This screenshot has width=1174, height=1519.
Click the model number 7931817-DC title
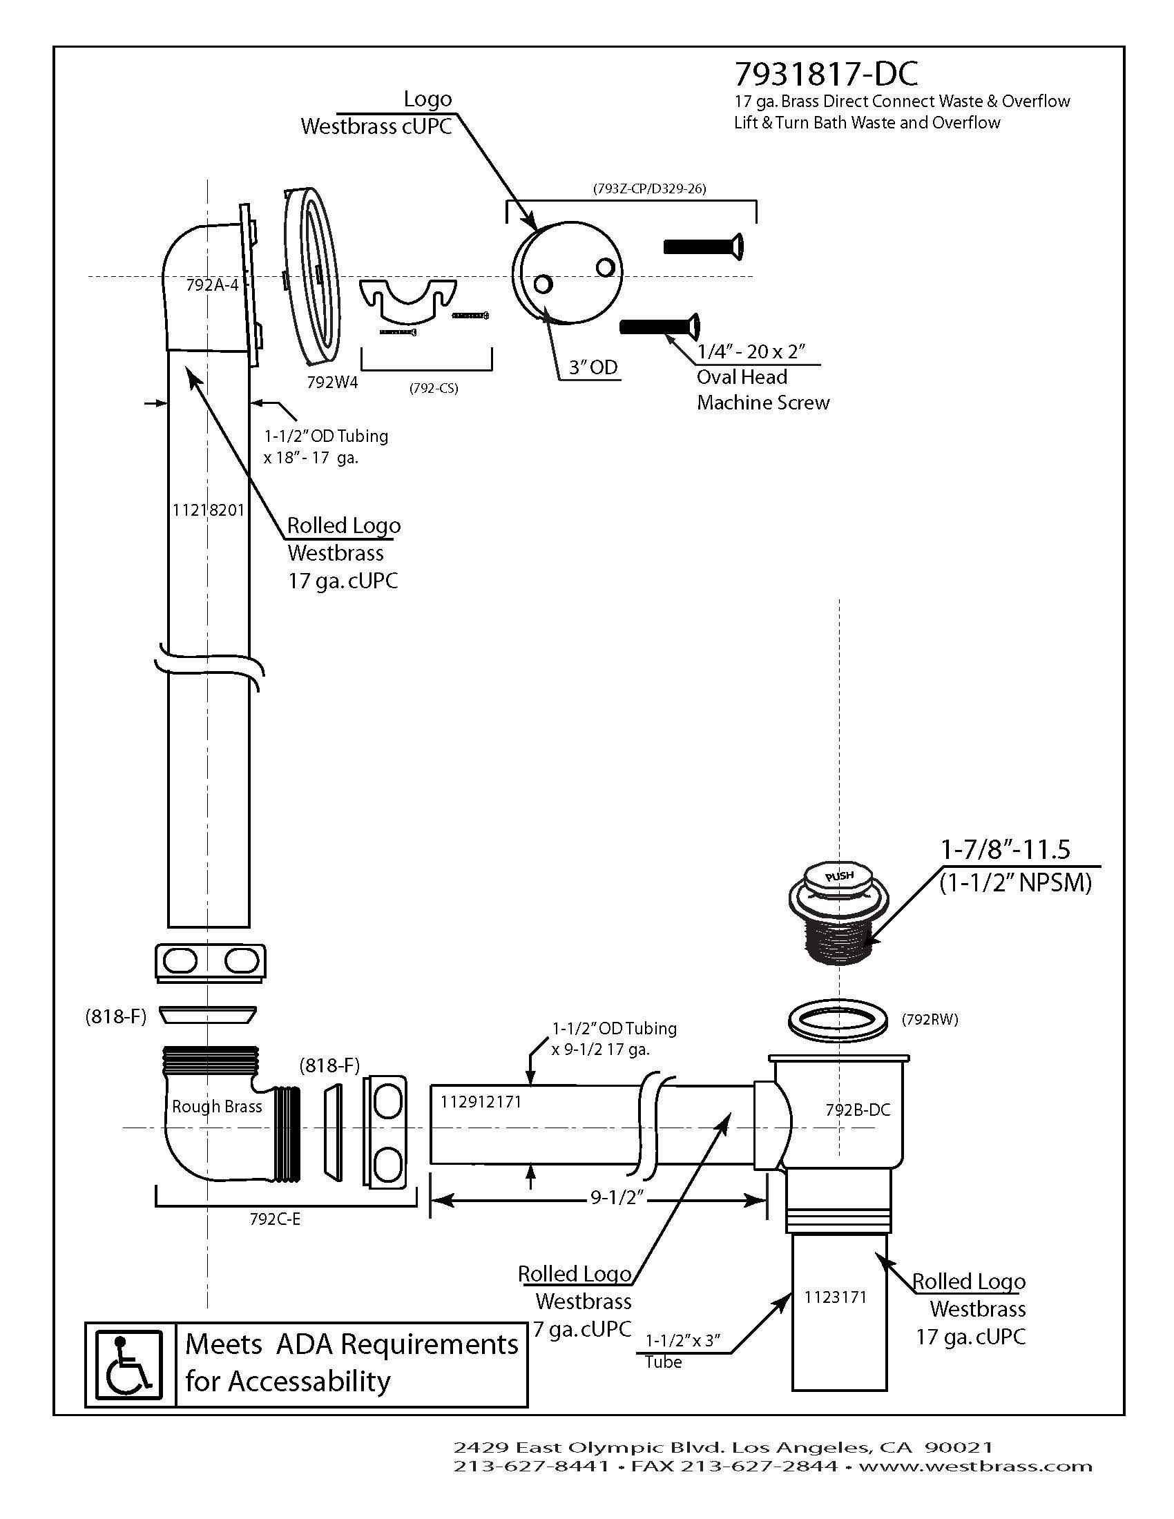(826, 73)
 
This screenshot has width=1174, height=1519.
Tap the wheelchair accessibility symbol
(128, 1364)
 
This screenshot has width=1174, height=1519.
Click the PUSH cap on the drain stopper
(839, 876)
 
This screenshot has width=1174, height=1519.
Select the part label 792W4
(332, 382)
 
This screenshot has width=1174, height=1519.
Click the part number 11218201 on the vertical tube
(208, 510)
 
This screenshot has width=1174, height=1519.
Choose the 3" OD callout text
(593, 367)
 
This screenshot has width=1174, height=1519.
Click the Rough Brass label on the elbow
(217, 1106)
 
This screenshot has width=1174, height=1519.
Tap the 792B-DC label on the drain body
(858, 1110)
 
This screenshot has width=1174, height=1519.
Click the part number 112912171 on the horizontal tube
(481, 1101)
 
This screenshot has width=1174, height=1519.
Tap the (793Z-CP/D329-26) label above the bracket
(650, 188)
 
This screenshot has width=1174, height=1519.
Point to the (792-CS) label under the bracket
(433, 388)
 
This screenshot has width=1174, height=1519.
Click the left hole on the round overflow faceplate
(543, 284)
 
